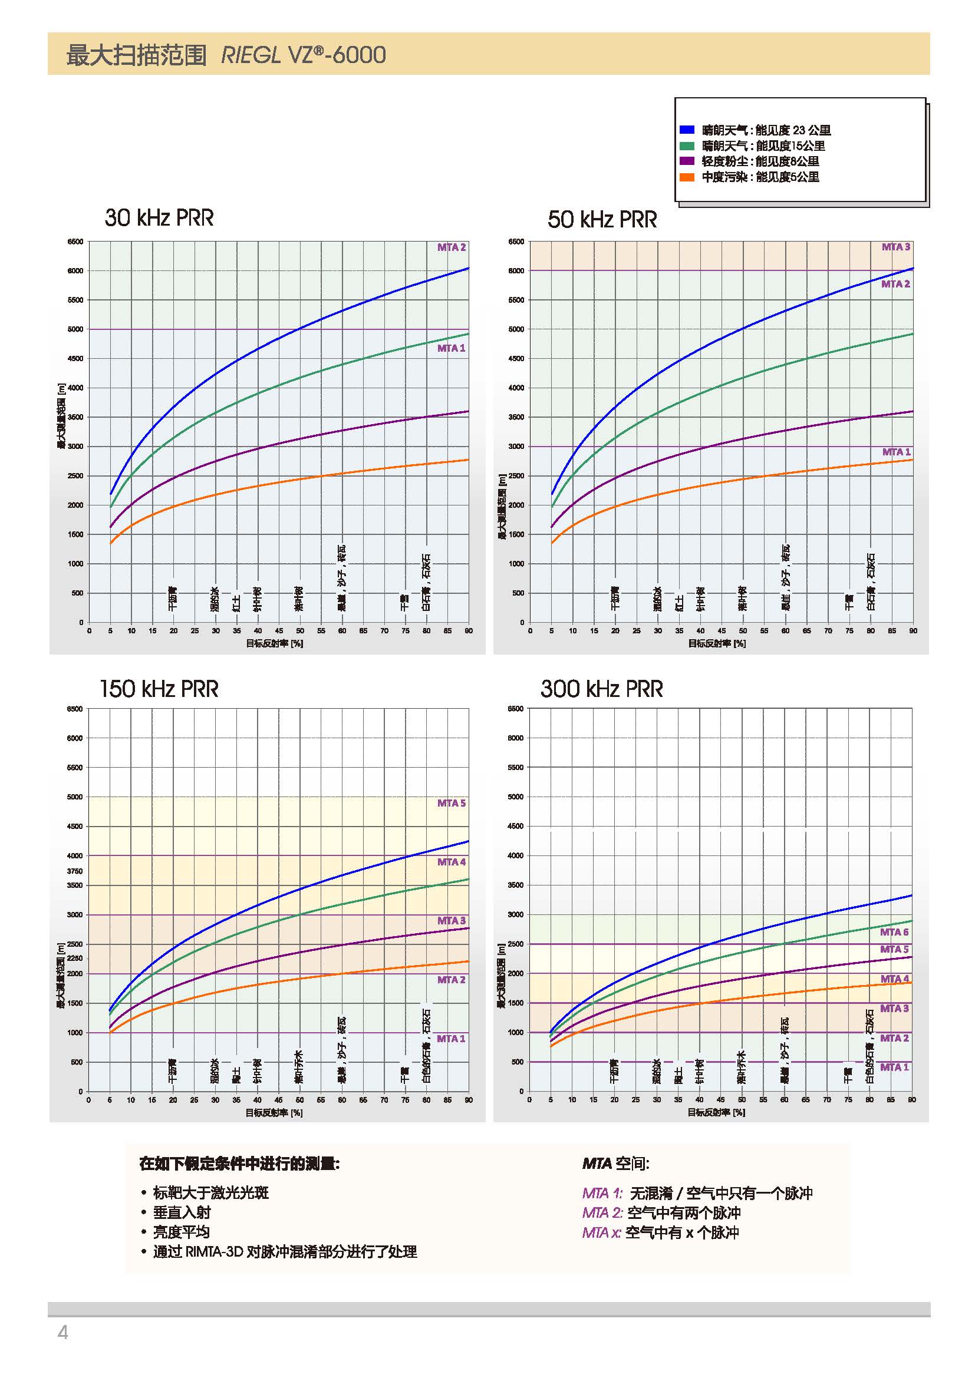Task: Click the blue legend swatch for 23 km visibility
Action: pos(687,130)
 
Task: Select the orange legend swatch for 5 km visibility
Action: pos(687,177)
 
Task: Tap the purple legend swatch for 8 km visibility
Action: pos(687,161)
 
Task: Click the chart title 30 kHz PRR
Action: pos(159,218)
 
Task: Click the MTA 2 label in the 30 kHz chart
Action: pos(452,247)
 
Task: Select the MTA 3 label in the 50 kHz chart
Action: pos(896,247)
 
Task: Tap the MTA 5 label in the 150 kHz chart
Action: pos(452,803)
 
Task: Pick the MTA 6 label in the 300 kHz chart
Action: pos(895,932)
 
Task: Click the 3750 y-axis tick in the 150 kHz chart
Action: pos(75,871)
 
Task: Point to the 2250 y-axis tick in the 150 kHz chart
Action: pos(75,958)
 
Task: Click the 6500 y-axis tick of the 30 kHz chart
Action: pos(75,242)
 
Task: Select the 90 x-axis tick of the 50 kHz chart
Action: pos(913,631)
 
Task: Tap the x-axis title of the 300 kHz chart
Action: pos(716,1112)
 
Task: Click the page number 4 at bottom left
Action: pos(62,1333)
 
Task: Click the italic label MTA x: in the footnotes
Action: pos(602,1232)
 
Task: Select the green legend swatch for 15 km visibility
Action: pos(687,146)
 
